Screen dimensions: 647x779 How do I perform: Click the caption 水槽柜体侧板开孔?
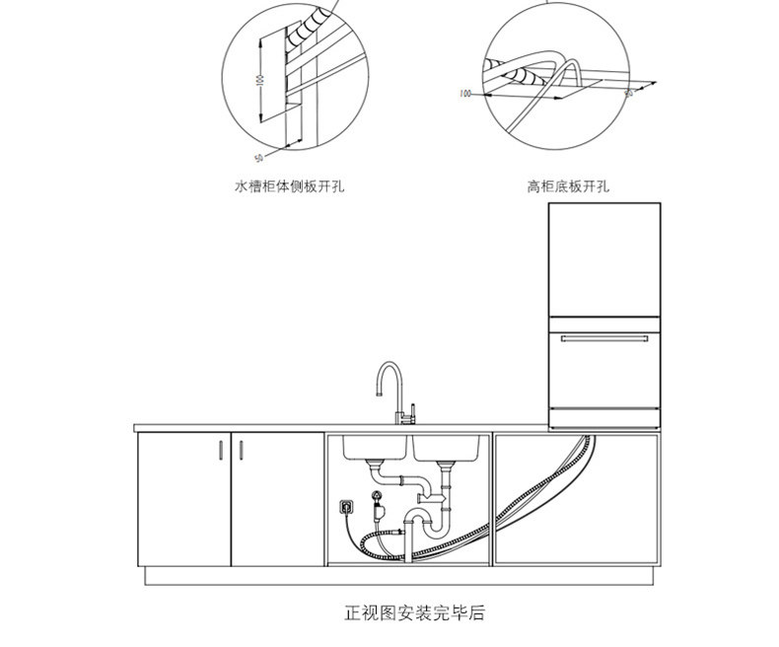coord(289,185)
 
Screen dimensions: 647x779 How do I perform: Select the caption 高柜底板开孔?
coord(569,185)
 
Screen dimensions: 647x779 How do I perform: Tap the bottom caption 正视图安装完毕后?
coord(414,612)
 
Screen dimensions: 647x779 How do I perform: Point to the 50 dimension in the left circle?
coord(258,157)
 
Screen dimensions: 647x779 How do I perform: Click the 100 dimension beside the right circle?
coord(465,95)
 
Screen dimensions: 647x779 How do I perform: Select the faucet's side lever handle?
coord(414,405)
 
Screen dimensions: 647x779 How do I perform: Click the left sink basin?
coord(376,446)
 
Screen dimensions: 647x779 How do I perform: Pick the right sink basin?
coord(449,446)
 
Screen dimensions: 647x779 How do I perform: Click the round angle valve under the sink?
coord(375,498)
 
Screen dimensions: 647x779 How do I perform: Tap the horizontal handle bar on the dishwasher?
coord(604,338)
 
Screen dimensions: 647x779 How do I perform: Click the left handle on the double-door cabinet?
coord(218,451)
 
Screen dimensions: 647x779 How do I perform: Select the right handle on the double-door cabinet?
coord(240,451)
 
